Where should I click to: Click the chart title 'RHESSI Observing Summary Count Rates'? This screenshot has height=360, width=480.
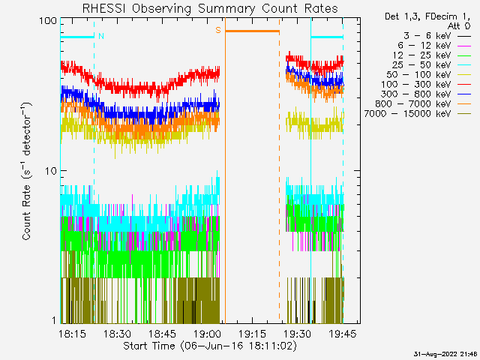pos(210,8)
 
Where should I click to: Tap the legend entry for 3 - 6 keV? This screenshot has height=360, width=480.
pos(437,36)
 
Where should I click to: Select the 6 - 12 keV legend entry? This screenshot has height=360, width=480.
pos(434,46)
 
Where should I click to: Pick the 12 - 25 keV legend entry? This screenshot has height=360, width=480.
pos(432,55)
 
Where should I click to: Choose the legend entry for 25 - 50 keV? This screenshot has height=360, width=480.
pos(432,65)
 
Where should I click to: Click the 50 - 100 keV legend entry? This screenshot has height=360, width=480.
pos(428,75)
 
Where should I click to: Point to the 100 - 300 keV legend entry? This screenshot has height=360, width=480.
pos(426,85)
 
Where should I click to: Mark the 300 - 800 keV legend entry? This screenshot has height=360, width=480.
pos(426,94)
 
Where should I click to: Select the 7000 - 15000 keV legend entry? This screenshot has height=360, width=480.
pos(418,114)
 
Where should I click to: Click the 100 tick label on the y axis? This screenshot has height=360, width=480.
pos(48,21)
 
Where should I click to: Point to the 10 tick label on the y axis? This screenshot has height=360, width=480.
pos(51,171)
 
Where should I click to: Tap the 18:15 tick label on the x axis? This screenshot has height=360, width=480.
pos(72,334)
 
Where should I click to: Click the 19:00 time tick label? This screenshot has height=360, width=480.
pos(207,334)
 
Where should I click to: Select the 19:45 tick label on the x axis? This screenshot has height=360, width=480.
pos(343,334)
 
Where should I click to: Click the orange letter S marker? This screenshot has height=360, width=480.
pos(218,30)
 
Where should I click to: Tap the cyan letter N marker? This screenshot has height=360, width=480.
pos(101,36)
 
